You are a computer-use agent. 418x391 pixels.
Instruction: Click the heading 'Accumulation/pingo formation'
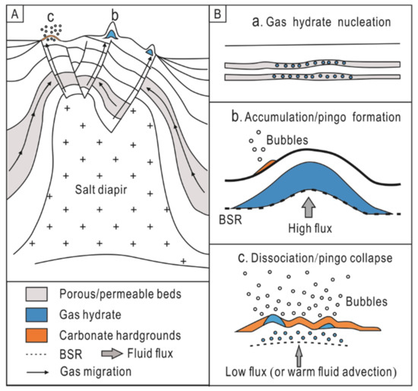319,119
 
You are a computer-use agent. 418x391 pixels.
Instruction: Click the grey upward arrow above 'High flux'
307,205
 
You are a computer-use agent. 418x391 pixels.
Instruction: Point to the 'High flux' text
307,225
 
